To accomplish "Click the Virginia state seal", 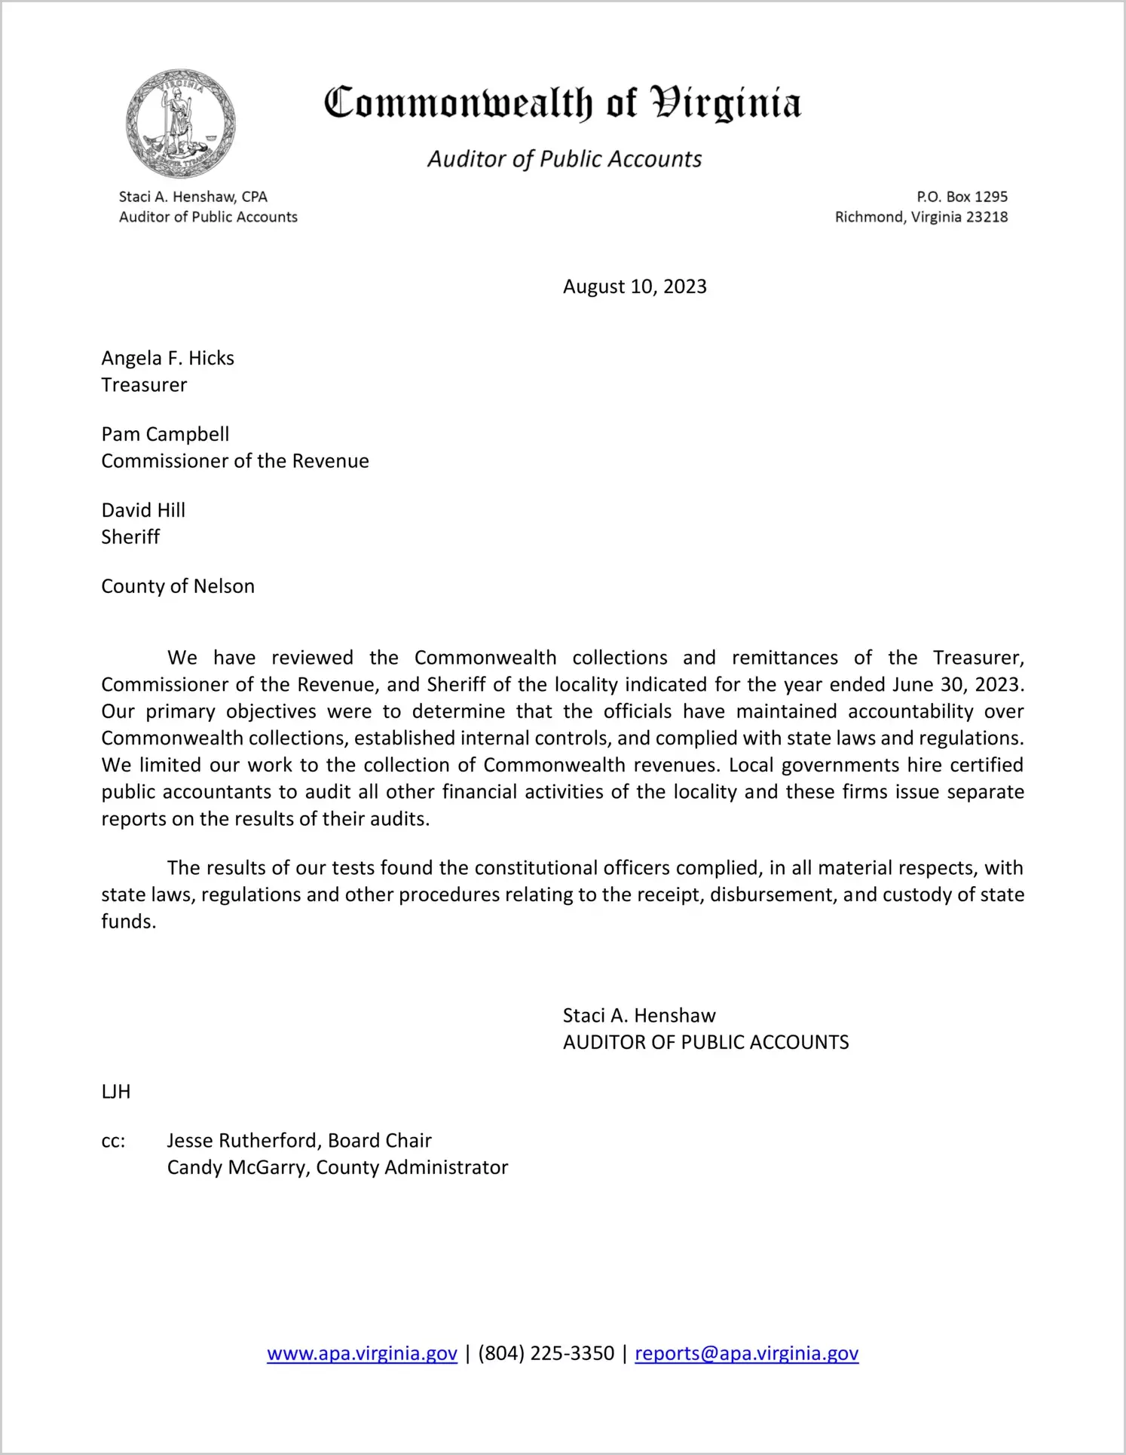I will click(x=180, y=124).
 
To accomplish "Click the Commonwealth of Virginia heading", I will click(x=562, y=103).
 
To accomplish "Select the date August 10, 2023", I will click(x=635, y=287).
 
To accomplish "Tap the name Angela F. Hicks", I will click(x=167, y=358).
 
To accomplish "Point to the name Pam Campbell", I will click(x=165, y=434).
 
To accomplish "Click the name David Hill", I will click(x=143, y=510).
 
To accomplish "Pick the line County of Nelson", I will click(x=178, y=586).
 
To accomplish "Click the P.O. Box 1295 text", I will click(x=962, y=197).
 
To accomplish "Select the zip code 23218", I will click(x=987, y=217).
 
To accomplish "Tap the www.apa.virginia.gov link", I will click(x=362, y=1353).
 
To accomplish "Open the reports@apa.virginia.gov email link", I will click(x=746, y=1353).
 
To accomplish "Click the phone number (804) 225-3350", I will click(x=546, y=1353).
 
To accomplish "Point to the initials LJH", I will click(x=116, y=1092).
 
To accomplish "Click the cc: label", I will click(x=113, y=1141).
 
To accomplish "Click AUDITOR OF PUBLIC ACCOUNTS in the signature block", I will click(x=705, y=1043).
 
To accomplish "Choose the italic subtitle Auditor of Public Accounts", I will click(x=565, y=159).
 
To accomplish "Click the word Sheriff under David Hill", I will click(x=130, y=537).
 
